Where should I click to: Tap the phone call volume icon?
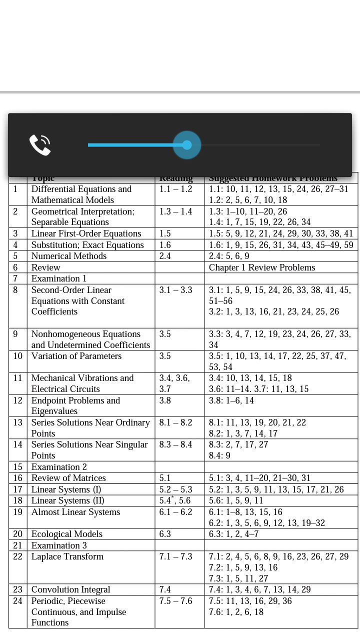(40, 145)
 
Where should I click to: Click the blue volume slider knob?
(187, 145)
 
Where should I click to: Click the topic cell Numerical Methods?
(69, 256)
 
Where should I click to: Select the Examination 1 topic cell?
(59, 278)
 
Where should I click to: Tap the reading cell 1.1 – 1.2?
(175, 189)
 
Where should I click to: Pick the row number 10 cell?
(18, 356)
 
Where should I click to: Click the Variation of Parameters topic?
(76, 356)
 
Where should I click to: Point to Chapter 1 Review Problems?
(262, 267)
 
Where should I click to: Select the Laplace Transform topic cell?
(67, 557)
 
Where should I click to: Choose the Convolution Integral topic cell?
(71, 590)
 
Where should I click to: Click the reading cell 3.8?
(165, 400)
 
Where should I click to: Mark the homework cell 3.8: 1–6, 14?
(231, 400)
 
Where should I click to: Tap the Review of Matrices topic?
(68, 478)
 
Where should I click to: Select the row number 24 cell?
(18, 601)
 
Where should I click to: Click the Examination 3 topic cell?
(59, 545)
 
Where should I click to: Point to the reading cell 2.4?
(165, 256)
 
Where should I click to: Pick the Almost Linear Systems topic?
(76, 512)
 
